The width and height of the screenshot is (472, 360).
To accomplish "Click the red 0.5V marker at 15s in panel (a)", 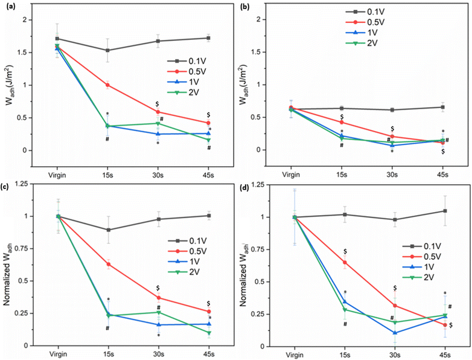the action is click(107, 85).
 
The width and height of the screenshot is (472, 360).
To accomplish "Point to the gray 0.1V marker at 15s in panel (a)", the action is click(107, 50).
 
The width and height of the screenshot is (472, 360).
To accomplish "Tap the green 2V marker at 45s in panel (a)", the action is click(209, 140).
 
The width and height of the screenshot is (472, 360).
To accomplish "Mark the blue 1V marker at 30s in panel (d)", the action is click(395, 333).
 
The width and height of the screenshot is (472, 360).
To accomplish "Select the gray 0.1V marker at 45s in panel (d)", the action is click(445, 211).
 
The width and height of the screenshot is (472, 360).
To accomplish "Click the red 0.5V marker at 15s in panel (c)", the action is click(108, 264).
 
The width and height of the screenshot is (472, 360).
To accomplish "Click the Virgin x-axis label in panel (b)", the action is click(291, 175).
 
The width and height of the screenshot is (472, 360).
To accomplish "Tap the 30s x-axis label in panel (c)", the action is click(159, 355).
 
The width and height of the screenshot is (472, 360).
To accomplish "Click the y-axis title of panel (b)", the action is click(243, 84).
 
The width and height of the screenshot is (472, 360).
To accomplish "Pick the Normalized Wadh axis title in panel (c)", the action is click(7, 272).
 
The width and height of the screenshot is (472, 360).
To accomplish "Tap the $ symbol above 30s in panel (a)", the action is click(157, 104).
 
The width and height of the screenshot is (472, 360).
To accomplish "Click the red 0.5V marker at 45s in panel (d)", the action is click(445, 325).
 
